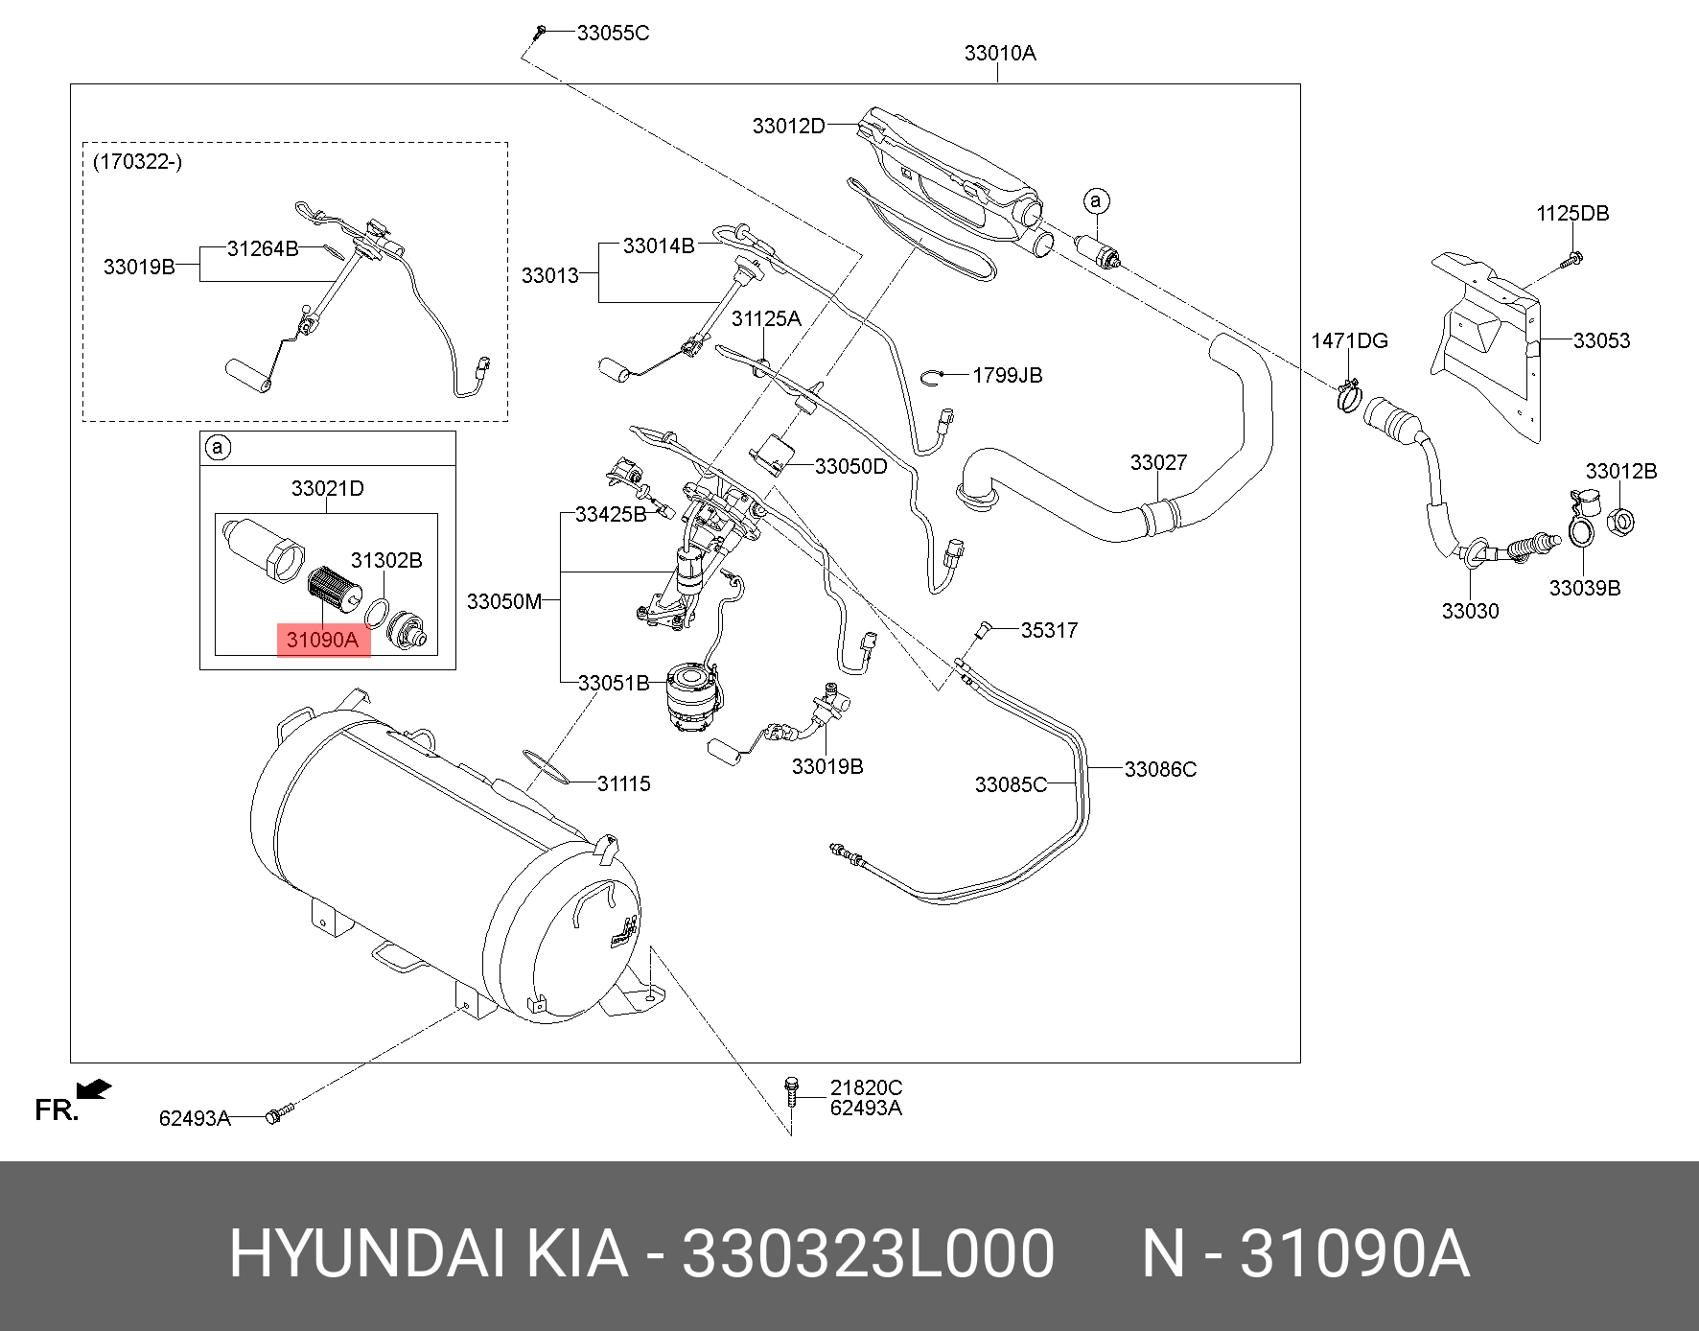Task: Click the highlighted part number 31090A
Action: (322, 640)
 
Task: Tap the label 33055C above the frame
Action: (613, 34)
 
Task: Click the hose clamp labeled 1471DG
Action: (1348, 394)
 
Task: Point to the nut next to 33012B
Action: (1619, 523)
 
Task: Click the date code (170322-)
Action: (137, 161)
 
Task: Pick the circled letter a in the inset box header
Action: (218, 448)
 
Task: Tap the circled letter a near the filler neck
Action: (1096, 201)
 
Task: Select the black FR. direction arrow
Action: (94, 1089)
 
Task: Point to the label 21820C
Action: (866, 1087)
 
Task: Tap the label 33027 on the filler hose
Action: (1158, 463)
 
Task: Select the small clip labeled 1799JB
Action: (934, 376)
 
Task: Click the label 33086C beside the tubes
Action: (1160, 769)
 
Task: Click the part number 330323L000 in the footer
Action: (868, 1253)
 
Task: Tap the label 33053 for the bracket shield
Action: (1601, 340)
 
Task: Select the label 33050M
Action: (504, 601)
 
